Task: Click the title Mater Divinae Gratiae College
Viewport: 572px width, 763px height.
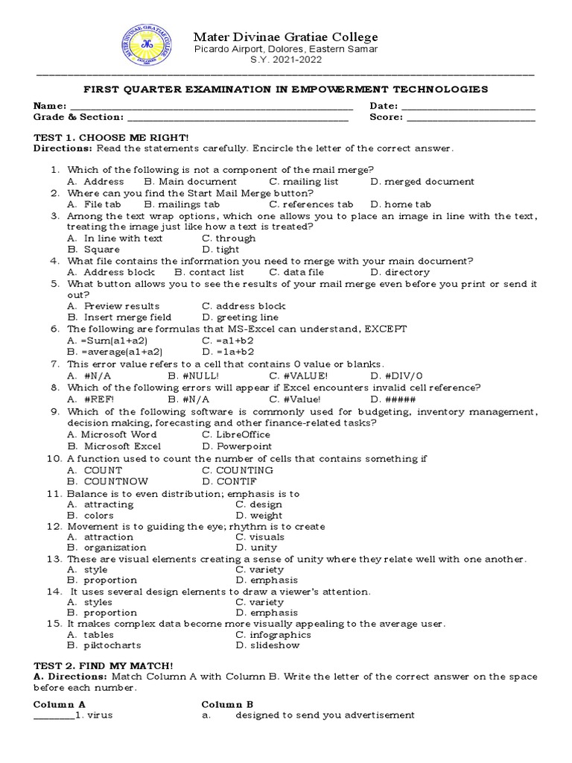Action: (286, 37)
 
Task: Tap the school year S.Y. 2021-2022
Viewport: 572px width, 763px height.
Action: (286, 60)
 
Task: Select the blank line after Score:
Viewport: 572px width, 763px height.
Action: (471, 118)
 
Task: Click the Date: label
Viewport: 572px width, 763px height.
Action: (384, 106)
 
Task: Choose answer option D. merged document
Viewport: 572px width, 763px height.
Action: (422, 181)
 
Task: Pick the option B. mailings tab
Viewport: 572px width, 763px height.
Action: (182, 204)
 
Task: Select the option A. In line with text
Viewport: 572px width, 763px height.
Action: (114, 238)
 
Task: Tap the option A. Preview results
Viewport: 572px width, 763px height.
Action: (112, 306)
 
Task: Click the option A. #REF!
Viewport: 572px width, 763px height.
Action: (90, 399)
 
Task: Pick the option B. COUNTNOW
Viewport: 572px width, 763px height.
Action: (107, 481)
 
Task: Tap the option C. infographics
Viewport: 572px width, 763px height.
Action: (273, 635)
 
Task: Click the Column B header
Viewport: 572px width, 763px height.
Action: (228, 704)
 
